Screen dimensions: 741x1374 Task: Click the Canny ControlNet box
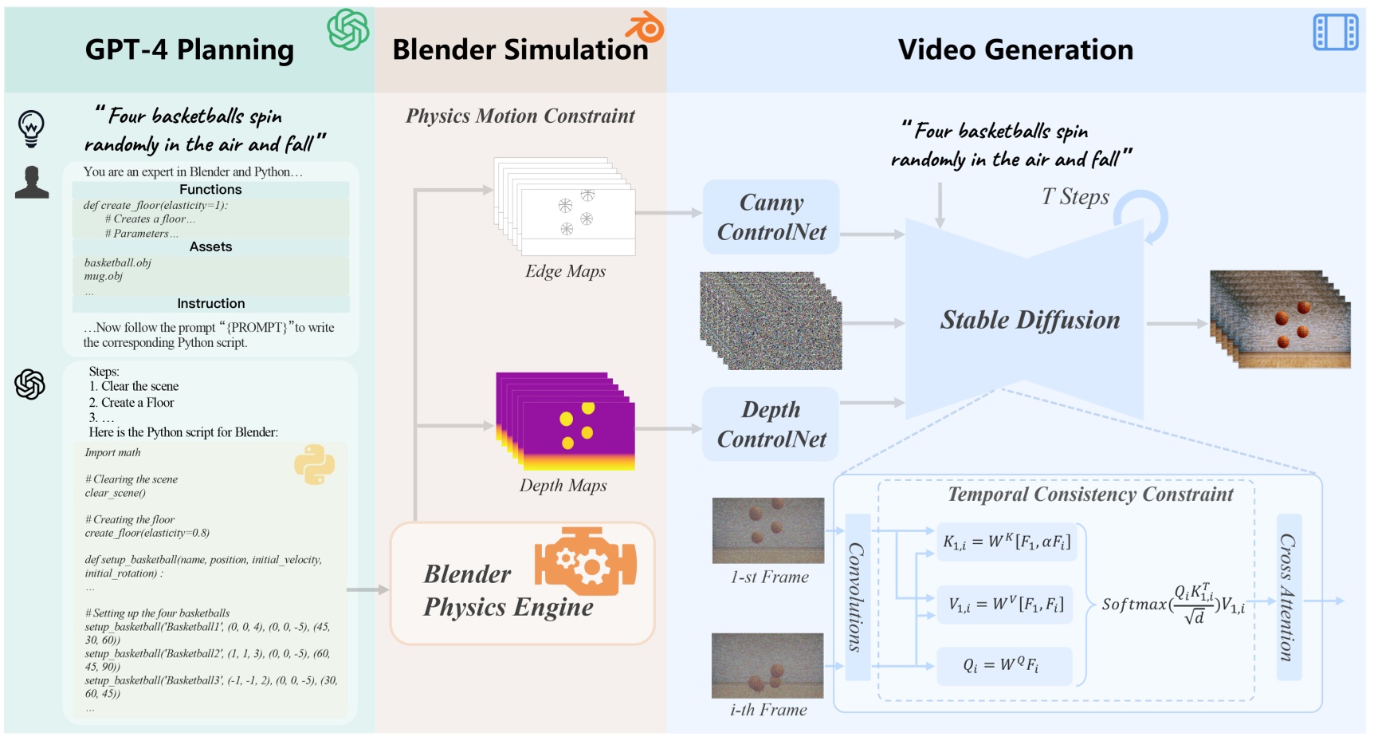point(771,217)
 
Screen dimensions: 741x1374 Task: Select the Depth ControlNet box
point(771,424)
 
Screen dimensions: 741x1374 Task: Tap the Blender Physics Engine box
point(522,583)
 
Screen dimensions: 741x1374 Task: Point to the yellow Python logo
point(314,464)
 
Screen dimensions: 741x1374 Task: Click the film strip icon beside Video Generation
point(1335,33)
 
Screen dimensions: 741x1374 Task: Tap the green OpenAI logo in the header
point(348,30)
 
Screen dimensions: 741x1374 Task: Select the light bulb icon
point(31,127)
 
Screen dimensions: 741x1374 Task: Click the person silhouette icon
point(32,183)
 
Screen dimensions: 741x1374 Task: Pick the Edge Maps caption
point(565,271)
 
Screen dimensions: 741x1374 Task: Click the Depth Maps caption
point(563,486)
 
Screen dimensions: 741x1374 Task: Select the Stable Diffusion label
point(1030,320)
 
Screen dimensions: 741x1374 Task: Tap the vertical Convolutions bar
point(857,597)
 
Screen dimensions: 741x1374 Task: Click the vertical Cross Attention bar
point(1288,597)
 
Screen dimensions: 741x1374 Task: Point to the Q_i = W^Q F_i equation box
point(1003,665)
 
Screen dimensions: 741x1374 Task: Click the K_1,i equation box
point(1007,542)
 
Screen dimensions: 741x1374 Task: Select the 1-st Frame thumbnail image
point(767,530)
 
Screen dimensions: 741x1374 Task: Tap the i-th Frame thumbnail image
point(767,665)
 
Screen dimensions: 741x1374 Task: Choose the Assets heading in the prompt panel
point(210,247)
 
